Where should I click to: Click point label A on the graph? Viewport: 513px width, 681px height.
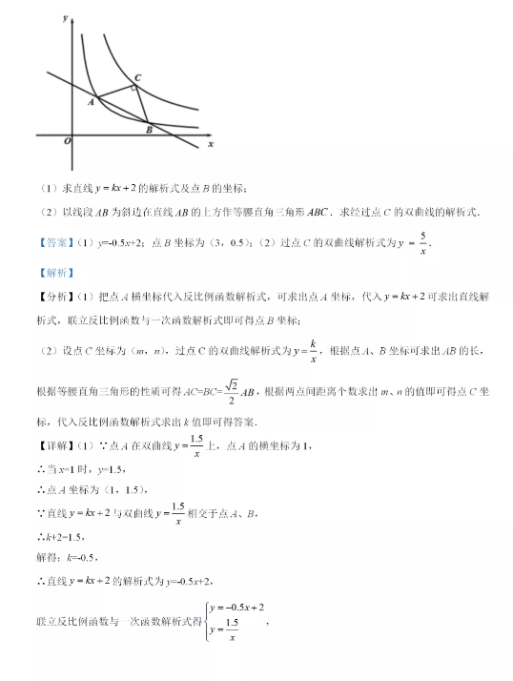[x=92, y=99]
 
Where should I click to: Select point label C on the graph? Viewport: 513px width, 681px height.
[x=138, y=77]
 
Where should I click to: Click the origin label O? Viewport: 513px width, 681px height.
[x=67, y=141]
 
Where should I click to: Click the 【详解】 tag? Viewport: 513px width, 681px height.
[x=54, y=446]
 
